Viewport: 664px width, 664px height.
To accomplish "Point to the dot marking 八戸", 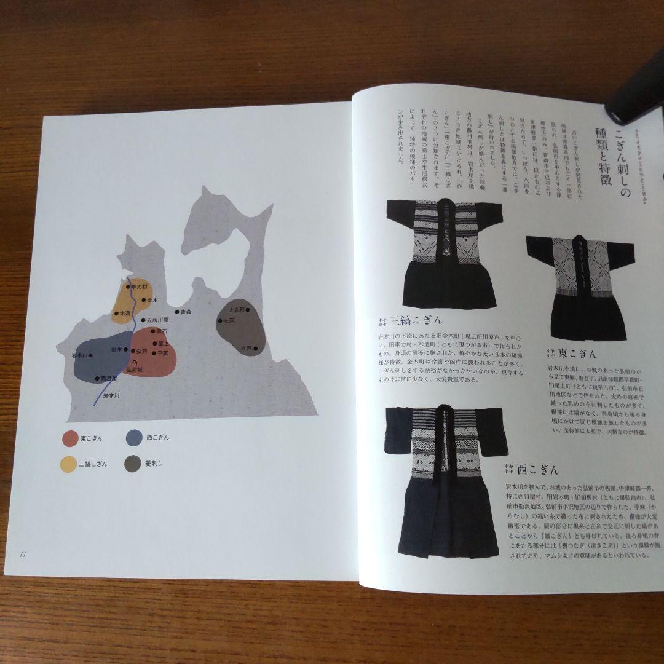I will tap(255, 349).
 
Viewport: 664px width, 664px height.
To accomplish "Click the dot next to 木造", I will tap(116, 314).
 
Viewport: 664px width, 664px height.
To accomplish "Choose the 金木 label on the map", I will tap(151, 301).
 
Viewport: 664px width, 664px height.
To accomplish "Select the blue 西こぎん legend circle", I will tap(133, 438).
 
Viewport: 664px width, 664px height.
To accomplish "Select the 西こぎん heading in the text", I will tap(538, 470).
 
